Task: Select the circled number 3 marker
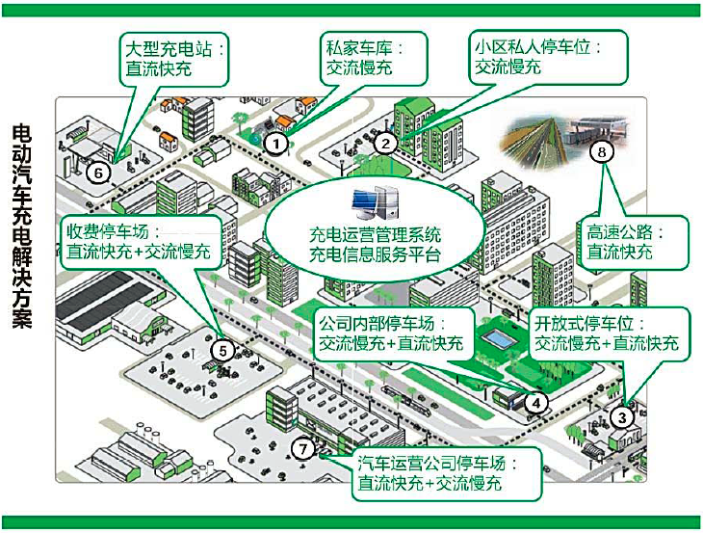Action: [623, 417]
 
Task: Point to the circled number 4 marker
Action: [535, 402]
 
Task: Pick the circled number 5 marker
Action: [222, 352]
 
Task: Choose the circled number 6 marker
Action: [96, 173]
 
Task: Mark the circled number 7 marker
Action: [303, 448]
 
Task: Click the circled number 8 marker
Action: [602, 151]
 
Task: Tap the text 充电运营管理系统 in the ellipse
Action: [376, 234]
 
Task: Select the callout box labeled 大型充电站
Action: [172, 57]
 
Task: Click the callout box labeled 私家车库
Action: [363, 57]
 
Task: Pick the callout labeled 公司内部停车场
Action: [391, 333]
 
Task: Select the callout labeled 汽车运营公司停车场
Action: [444, 473]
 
